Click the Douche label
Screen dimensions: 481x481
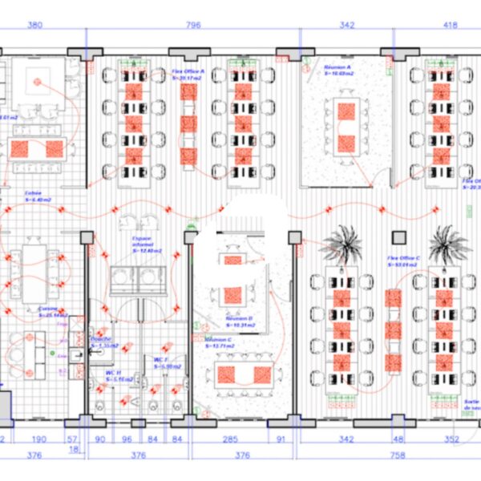[x=100, y=342]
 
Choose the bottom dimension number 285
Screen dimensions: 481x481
[x=229, y=439]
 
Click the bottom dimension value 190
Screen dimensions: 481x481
[x=36, y=439]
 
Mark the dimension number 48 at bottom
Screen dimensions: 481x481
[x=398, y=439]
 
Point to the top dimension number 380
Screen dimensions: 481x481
[x=34, y=26]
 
